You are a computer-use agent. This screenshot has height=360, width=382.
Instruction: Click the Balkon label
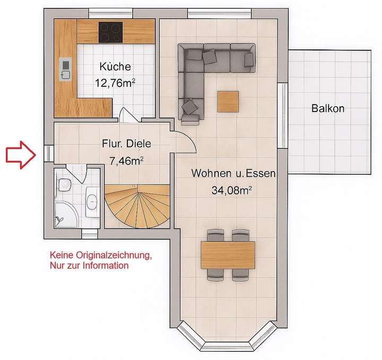click(x=328, y=109)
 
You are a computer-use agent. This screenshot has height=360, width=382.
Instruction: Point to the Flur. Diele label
click(x=126, y=143)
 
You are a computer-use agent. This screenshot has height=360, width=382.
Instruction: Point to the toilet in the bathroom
click(x=64, y=185)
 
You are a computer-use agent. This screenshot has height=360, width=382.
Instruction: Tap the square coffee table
click(x=228, y=101)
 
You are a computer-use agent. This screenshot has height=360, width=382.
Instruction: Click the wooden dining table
click(x=228, y=254)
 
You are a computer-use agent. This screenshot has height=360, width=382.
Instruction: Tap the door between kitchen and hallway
click(x=126, y=115)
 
